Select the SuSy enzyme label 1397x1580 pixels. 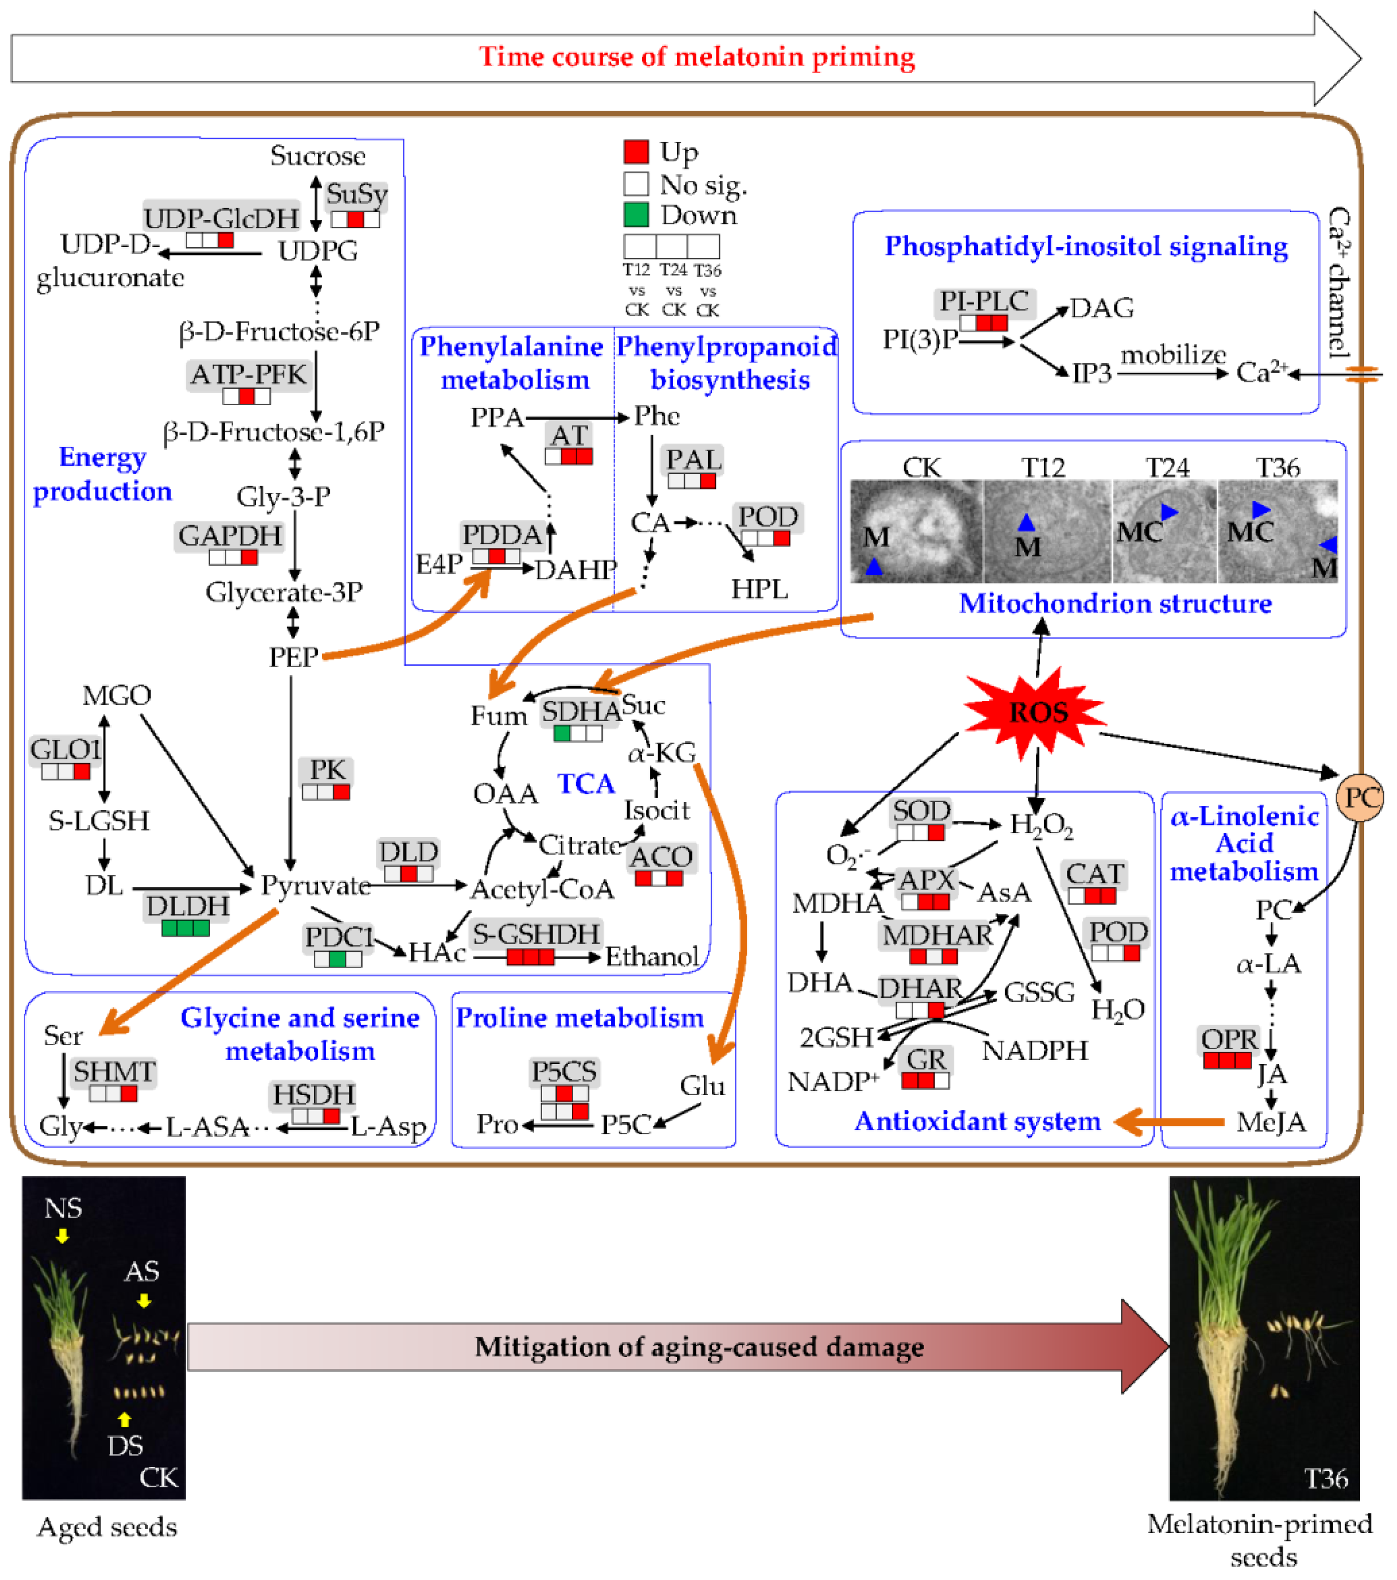tap(356, 194)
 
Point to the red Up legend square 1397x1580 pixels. tap(636, 152)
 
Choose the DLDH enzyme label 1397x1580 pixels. tap(188, 906)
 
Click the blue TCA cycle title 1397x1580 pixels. tap(586, 784)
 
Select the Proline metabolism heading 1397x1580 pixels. tap(580, 1018)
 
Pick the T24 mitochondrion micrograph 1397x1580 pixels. tap(1164, 532)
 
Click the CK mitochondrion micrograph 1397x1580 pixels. tap(917, 532)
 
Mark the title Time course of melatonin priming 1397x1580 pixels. tap(697, 56)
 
